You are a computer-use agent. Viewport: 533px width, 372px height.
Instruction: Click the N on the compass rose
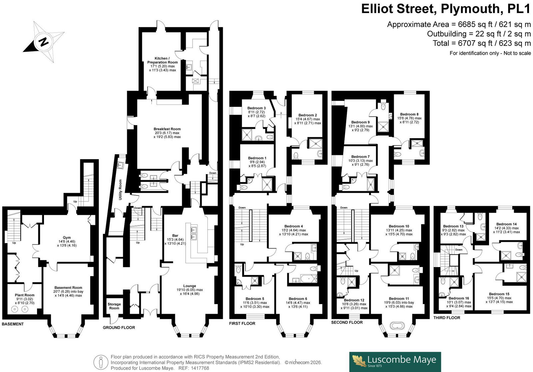point(44,42)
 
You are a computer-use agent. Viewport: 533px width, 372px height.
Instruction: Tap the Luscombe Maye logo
point(395,362)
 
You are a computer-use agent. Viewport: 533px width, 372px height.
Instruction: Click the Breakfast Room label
point(167,129)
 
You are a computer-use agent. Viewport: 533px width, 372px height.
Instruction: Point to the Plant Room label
point(25,295)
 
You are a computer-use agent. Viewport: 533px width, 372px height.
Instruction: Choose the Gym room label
point(67,237)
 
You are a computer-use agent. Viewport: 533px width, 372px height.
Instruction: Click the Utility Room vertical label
point(120,189)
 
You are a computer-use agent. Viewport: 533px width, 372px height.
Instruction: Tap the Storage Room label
point(114,306)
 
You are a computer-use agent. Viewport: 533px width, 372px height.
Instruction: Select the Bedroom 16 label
point(459,298)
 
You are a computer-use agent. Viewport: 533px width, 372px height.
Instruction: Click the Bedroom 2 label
point(308,115)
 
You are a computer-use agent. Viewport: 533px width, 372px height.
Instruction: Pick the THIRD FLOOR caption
point(447,318)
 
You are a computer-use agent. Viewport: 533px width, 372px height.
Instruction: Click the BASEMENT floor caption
point(13,324)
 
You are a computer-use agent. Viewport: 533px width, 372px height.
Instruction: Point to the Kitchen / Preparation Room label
point(163,60)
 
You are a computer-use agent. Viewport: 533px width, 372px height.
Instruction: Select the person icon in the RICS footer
point(101,362)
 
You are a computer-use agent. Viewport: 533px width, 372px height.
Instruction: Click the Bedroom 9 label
point(360,122)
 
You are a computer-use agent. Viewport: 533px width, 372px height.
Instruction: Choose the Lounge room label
point(190,286)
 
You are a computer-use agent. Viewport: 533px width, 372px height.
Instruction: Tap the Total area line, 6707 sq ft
point(482,43)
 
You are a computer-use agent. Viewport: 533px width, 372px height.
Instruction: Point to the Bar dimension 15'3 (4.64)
point(175,239)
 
